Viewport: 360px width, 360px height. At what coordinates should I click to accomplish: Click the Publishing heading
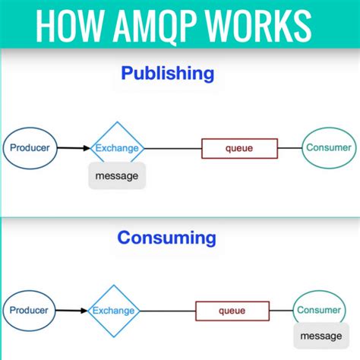click(x=167, y=74)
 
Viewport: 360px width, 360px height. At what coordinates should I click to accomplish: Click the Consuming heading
click(x=166, y=238)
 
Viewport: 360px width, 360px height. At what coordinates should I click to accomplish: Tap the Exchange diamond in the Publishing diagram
click(x=116, y=148)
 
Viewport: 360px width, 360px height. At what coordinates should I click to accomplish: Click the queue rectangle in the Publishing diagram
click(x=239, y=148)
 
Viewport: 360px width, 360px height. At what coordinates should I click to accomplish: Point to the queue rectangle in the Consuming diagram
click(x=232, y=310)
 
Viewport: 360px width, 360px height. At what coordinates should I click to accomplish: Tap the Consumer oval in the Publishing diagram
click(x=328, y=148)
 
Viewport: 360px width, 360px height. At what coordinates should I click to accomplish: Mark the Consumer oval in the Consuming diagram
click(x=319, y=310)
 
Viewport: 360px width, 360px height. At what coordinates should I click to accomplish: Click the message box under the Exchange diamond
click(x=117, y=175)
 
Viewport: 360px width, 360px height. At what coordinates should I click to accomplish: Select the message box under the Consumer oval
click(x=321, y=336)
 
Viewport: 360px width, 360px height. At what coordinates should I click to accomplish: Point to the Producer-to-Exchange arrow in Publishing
click(x=74, y=148)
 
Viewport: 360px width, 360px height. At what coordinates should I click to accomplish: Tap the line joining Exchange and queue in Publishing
click(x=172, y=148)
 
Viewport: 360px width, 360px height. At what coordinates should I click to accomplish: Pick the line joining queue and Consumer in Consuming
click(x=280, y=310)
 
